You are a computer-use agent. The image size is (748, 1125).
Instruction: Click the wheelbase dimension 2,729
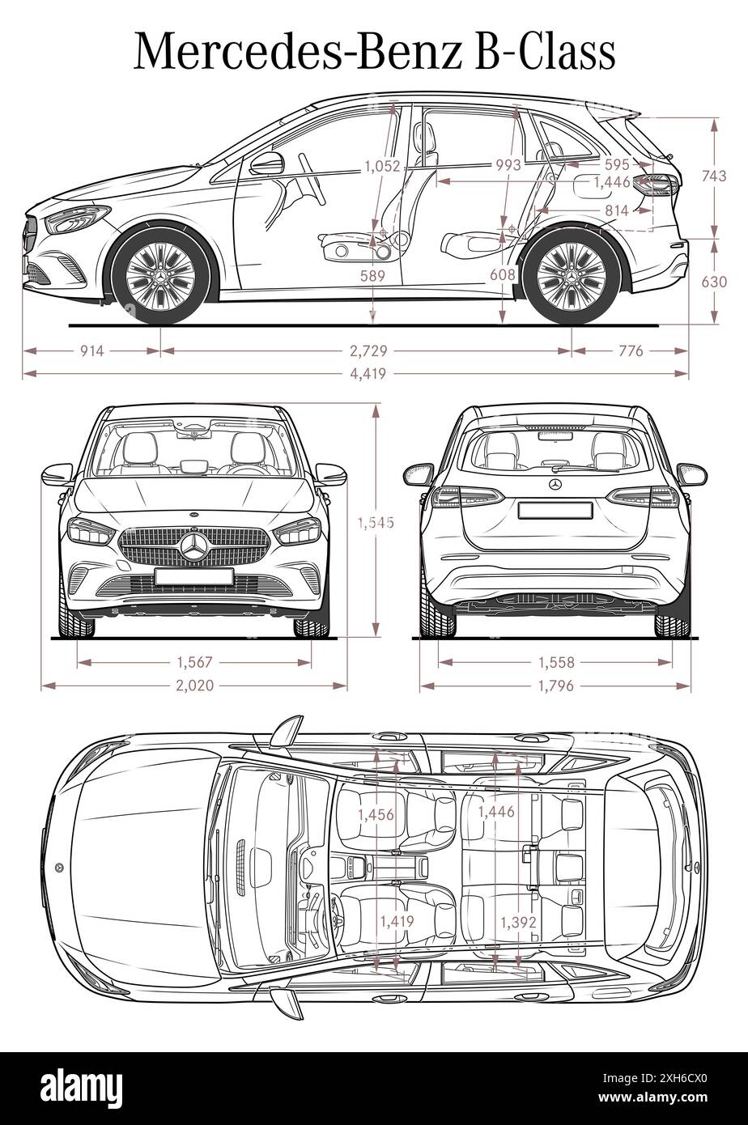pos(368,350)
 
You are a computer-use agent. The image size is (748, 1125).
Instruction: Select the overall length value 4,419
pos(368,373)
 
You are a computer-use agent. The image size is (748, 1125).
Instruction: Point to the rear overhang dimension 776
pos(631,350)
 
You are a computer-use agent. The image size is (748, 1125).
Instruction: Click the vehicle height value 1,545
pos(376,523)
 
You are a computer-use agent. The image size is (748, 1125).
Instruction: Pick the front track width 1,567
pos(194,663)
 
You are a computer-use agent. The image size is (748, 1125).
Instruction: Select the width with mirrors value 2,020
pos(194,686)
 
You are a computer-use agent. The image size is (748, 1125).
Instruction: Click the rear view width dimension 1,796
pos(555,686)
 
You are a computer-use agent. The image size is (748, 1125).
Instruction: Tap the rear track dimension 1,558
pos(555,663)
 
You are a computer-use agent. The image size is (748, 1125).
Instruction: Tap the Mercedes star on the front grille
pos(194,548)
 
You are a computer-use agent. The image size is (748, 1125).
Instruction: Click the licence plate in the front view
pos(194,576)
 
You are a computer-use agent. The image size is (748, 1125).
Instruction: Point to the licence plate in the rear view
pos(555,510)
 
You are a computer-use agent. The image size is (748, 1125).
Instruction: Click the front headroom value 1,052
pos(382,166)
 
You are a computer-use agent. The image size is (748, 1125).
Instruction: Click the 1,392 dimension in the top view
pos(518,922)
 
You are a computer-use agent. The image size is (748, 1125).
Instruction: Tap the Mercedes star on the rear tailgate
pos(555,484)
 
